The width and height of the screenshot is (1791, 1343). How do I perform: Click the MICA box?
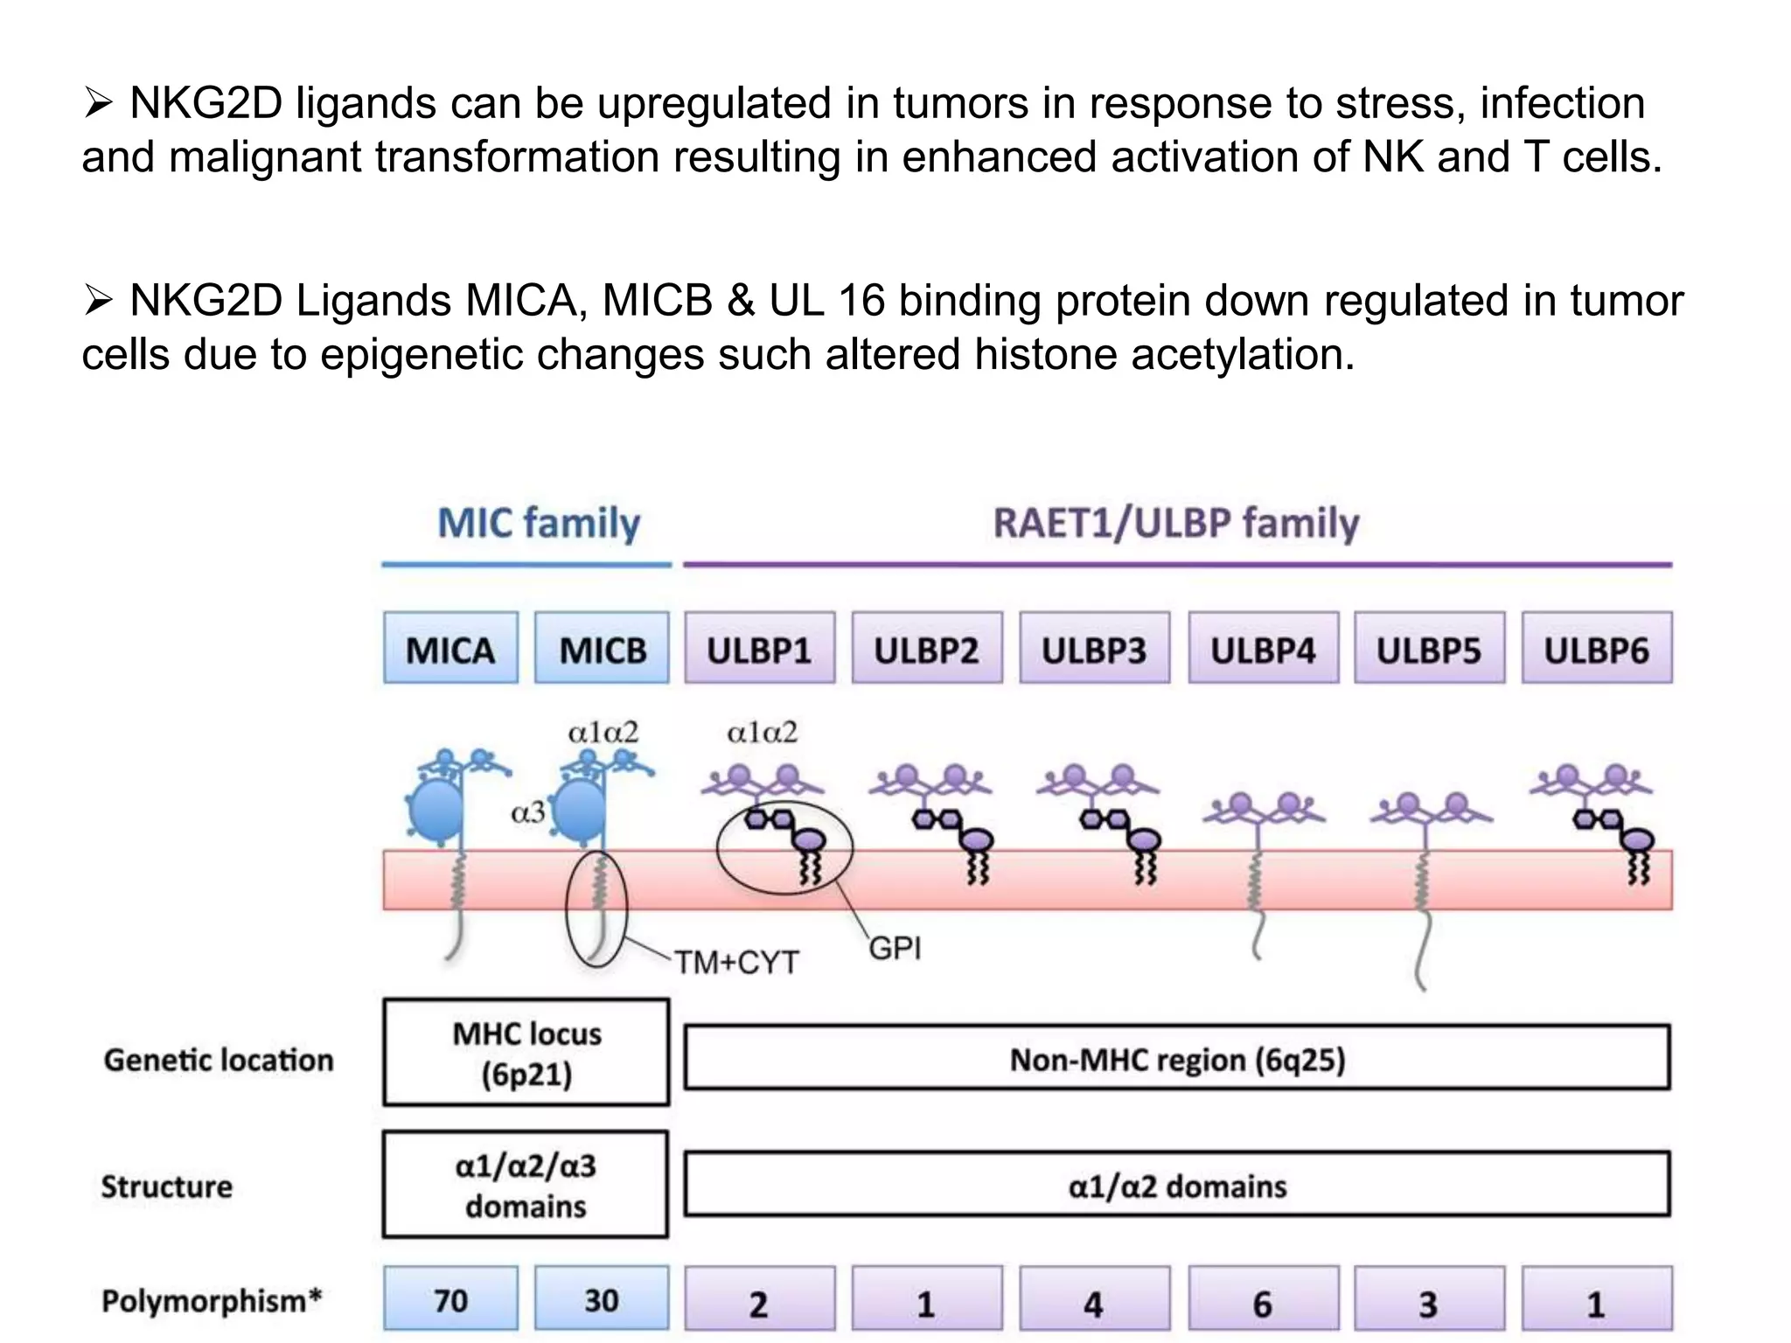[x=450, y=649]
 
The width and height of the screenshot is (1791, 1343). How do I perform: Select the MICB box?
[x=602, y=649]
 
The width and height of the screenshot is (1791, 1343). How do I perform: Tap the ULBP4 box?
[x=1263, y=649]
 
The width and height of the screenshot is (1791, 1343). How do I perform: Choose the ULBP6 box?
[x=1596, y=649]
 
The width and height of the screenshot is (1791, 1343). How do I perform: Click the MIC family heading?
[x=539, y=524]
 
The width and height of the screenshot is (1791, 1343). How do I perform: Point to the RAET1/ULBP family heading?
[x=1176, y=524]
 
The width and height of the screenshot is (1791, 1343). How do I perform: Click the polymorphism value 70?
[x=450, y=1300]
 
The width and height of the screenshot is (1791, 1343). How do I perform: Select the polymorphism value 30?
[x=602, y=1300]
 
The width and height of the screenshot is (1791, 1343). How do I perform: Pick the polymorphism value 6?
[x=1263, y=1304]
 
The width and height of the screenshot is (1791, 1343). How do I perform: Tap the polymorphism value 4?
[x=1093, y=1304]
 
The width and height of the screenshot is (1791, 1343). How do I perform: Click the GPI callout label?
[x=895, y=948]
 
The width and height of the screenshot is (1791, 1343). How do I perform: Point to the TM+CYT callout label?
[x=736, y=963]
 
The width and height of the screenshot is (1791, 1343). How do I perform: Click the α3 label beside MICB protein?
[x=527, y=813]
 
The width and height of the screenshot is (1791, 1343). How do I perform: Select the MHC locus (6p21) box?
[x=526, y=1053]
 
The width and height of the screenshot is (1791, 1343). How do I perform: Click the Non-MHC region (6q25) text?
[x=1176, y=1060]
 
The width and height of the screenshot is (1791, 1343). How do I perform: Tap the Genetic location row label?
[x=219, y=1060]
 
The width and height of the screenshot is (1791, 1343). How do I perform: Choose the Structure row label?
[x=167, y=1186]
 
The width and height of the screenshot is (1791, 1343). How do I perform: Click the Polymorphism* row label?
[x=212, y=1300]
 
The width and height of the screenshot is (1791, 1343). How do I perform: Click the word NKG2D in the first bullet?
[x=206, y=103]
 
